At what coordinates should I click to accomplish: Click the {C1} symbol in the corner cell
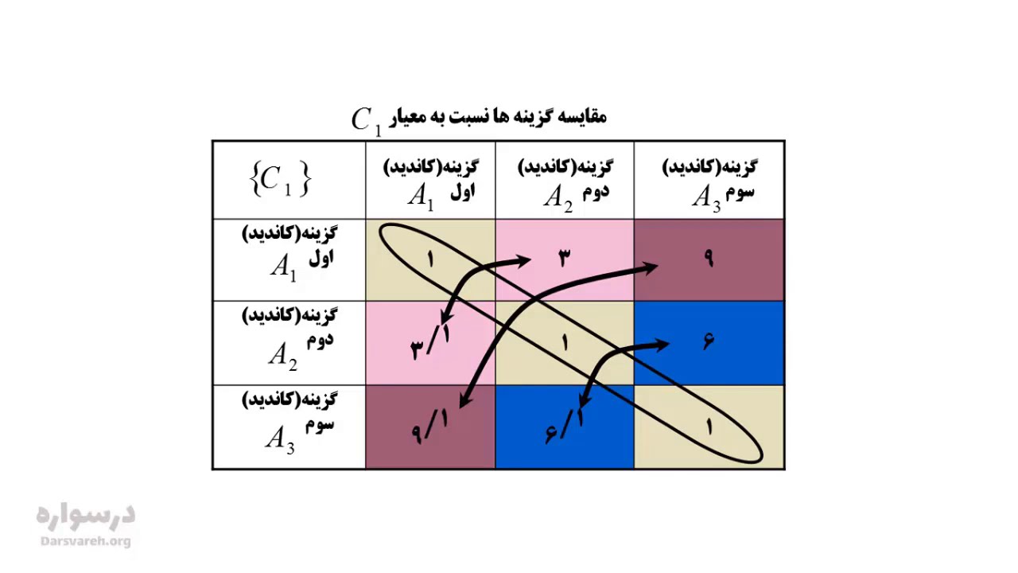(281, 180)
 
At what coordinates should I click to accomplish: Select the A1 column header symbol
(421, 197)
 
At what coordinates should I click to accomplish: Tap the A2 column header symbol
(558, 199)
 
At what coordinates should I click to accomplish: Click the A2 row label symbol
(282, 356)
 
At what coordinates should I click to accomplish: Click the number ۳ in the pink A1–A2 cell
(565, 259)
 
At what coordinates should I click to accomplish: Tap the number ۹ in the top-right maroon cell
(709, 259)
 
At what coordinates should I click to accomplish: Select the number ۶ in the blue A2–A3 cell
(708, 341)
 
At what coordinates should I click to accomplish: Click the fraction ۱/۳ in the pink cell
(430, 342)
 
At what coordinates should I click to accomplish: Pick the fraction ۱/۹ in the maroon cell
(430, 427)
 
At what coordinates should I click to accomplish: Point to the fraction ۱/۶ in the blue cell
(565, 427)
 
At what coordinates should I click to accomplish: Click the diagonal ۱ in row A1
(430, 259)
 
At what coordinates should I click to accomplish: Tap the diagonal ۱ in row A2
(565, 342)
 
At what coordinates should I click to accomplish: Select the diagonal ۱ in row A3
(709, 427)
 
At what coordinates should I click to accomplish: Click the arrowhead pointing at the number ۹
(649, 267)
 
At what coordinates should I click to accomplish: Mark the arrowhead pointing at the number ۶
(660, 345)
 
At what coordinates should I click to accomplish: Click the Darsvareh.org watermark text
(85, 541)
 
